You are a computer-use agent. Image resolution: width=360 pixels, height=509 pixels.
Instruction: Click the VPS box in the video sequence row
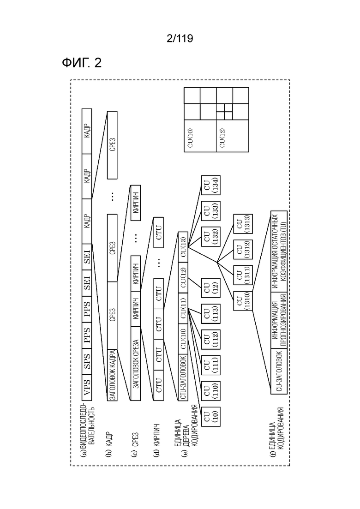tap(87, 387)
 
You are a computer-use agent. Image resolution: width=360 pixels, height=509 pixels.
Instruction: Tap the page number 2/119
tap(180, 39)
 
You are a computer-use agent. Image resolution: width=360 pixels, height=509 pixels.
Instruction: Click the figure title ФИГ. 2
tap(82, 62)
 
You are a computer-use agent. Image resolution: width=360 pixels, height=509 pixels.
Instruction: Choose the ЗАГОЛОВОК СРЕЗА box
tap(136, 364)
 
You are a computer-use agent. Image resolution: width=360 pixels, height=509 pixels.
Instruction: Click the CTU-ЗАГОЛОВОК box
tap(183, 377)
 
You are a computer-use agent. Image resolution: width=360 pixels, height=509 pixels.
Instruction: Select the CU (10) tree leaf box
tap(210, 416)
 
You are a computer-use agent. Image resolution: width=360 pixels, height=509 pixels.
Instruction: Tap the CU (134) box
tap(210, 185)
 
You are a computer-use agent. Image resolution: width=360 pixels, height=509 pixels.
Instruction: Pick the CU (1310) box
tap(243, 301)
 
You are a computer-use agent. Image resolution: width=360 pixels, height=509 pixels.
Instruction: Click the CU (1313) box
tap(243, 224)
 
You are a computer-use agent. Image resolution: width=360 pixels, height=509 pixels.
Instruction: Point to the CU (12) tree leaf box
tap(210, 287)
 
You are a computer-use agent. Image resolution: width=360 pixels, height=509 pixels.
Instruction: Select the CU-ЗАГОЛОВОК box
tap(279, 371)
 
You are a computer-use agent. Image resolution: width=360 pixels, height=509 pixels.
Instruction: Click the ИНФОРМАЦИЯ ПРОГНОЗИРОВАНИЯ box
tap(279, 320)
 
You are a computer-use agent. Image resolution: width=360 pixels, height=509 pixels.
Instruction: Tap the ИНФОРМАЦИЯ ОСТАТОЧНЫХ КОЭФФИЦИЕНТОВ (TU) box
tap(279, 252)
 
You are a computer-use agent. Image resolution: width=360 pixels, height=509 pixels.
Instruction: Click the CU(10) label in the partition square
tap(190, 138)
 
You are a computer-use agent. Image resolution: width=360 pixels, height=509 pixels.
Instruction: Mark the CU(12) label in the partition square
tap(222, 138)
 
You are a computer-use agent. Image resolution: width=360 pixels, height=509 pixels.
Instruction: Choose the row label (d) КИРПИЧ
tap(156, 439)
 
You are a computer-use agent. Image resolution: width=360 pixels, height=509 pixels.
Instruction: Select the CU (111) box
tap(210, 365)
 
